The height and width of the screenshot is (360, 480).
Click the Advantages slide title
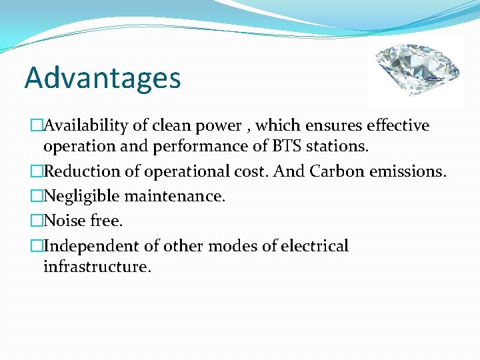point(103,78)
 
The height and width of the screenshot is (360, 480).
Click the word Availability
point(84,126)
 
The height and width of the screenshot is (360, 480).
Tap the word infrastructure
point(97,267)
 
